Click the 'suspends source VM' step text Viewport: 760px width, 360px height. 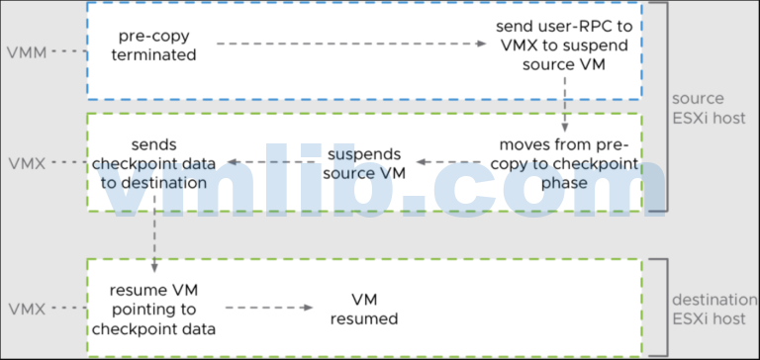click(x=364, y=163)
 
